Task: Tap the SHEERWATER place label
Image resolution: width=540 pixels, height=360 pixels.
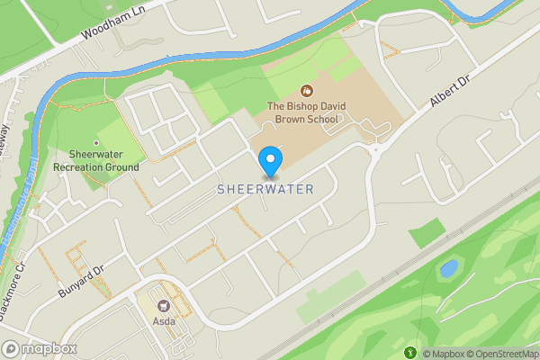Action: pos(265,190)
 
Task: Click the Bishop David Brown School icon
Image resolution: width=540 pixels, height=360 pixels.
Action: pos(307,91)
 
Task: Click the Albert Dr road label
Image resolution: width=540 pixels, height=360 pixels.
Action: pos(450,92)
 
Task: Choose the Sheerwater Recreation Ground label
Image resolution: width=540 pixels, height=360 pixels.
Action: pos(96,160)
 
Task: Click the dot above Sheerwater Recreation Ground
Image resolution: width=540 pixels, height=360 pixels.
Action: pos(96,142)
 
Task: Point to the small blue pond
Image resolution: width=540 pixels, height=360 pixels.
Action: pos(448,268)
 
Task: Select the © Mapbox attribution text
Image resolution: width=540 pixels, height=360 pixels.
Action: pos(443,354)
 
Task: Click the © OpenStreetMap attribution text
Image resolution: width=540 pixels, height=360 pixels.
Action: pos(502,354)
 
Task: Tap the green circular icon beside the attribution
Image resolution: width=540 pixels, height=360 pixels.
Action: pos(413,353)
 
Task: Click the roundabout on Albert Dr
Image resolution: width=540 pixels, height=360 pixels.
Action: pos(373,150)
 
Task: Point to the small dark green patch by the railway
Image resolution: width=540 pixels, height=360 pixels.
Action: pos(427,234)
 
